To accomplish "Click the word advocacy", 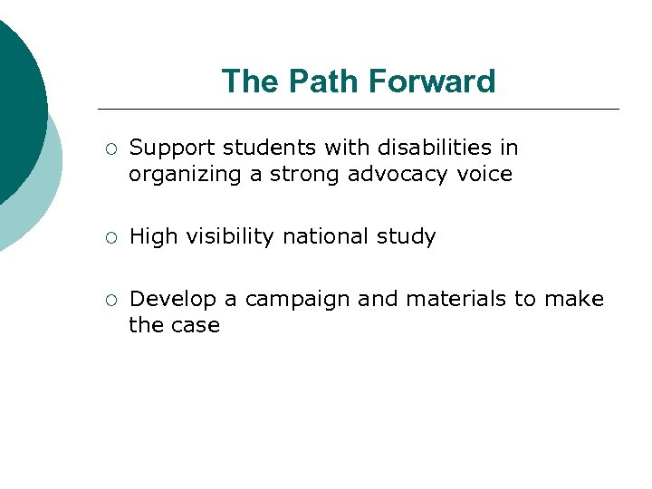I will point(398,174).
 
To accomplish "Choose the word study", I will point(406,237).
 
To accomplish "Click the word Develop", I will point(168,300).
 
